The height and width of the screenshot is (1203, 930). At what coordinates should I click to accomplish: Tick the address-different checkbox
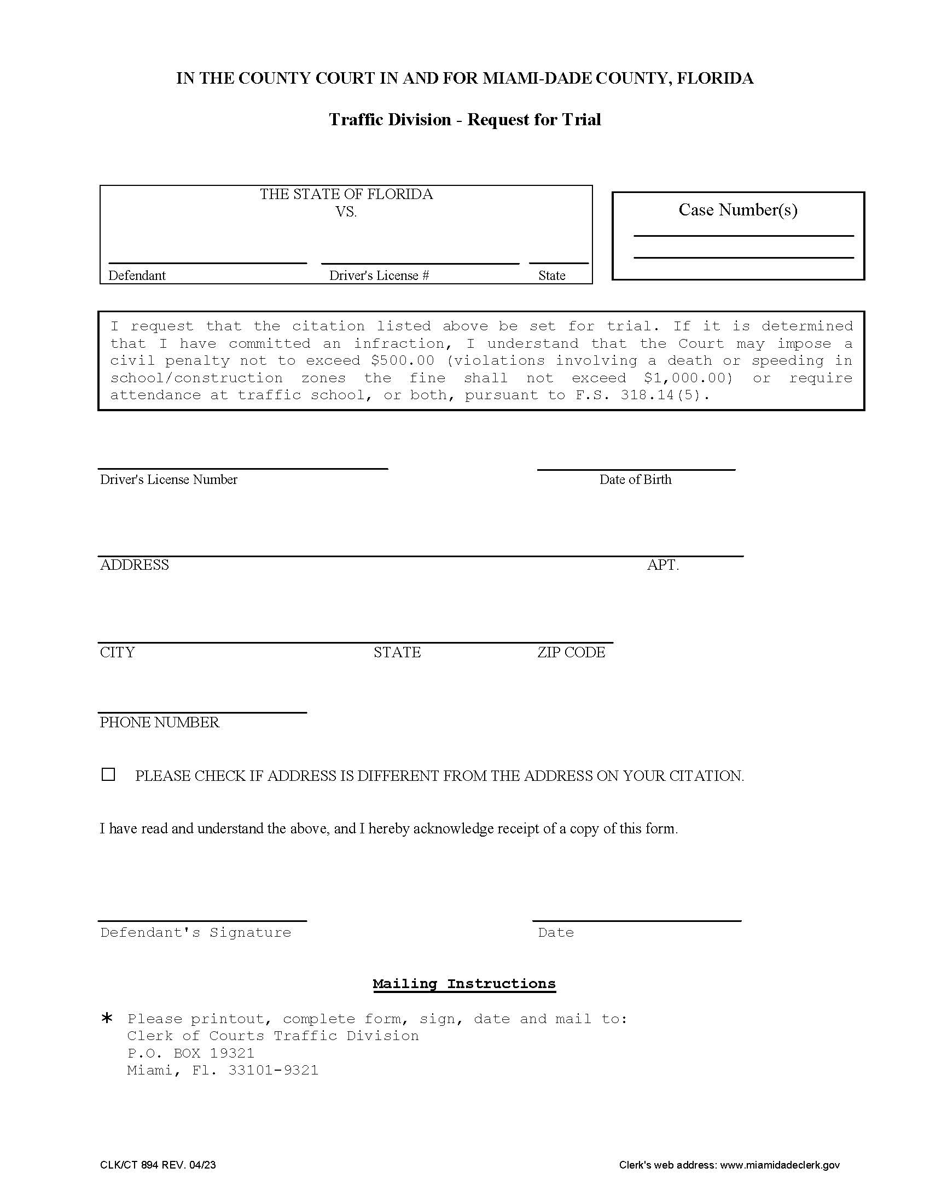pyautogui.click(x=108, y=774)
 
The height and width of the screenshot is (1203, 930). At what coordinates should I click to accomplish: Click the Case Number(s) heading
pyautogui.click(x=737, y=210)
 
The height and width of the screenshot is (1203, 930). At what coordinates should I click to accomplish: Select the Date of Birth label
pyautogui.click(x=635, y=479)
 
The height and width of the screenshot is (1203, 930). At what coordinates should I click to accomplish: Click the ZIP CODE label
pyautogui.click(x=571, y=652)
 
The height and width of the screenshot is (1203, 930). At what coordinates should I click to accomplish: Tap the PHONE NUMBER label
pyautogui.click(x=159, y=722)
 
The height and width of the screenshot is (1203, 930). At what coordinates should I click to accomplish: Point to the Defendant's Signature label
pyautogui.click(x=196, y=932)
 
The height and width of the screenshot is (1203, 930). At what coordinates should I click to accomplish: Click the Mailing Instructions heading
pyautogui.click(x=464, y=984)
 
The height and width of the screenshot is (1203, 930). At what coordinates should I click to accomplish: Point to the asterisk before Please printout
pyautogui.click(x=107, y=1019)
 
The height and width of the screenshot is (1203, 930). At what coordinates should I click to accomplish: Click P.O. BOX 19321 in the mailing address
pyautogui.click(x=190, y=1053)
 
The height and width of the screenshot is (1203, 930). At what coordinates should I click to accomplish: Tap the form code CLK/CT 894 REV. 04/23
pyautogui.click(x=158, y=1164)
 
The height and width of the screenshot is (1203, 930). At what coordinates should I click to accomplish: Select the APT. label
pyautogui.click(x=662, y=565)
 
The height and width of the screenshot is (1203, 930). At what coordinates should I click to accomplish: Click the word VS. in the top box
pyautogui.click(x=346, y=212)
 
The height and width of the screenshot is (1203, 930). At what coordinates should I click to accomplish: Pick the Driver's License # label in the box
pyautogui.click(x=379, y=276)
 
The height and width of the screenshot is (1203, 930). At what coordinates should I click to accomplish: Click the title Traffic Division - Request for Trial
pyautogui.click(x=464, y=120)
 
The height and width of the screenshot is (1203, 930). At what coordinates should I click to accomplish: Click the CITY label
pyautogui.click(x=117, y=652)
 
